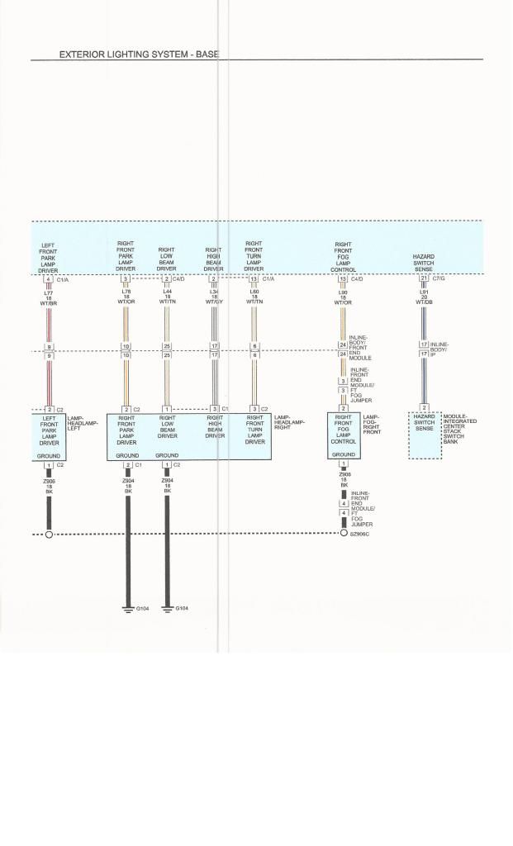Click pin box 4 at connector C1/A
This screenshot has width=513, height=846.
pos(48,279)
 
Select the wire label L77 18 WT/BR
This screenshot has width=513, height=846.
pos(48,297)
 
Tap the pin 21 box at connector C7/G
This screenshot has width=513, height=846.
pos(424,278)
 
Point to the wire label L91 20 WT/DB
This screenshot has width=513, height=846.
pos(424,297)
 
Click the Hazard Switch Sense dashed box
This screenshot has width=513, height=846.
pos(425,435)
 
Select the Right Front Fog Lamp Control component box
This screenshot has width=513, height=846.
pos(344,435)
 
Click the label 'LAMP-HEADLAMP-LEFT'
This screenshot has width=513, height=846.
pos(82,422)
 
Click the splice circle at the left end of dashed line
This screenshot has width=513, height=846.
pos(49,535)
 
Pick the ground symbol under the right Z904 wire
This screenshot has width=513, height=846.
pos(167,610)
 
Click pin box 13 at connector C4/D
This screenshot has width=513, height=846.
pos(343,279)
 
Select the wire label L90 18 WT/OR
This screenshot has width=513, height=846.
pos(343,297)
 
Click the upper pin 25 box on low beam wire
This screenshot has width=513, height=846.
pos(167,346)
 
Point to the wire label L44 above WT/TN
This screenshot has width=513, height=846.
pos(167,292)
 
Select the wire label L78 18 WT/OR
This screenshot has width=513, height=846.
pos(126,297)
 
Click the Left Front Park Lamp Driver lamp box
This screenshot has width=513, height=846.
pos(48,436)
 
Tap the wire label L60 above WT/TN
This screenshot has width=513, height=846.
pos(254,292)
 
